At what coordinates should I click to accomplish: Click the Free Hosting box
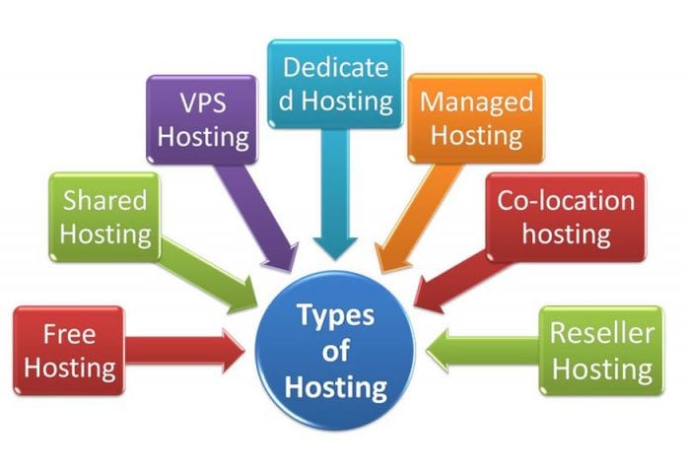[x=69, y=351]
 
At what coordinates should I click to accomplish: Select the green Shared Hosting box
[x=104, y=217]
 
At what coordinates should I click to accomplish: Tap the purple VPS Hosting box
[x=201, y=119]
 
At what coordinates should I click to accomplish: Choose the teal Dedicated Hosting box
[x=336, y=84]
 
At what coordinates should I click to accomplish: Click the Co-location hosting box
[x=566, y=217]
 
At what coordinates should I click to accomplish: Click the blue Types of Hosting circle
[x=335, y=351]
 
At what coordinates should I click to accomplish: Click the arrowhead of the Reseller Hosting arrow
[x=442, y=351]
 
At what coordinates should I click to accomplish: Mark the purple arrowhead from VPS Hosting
[x=287, y=258]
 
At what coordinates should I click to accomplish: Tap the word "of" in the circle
[x=335, y=351]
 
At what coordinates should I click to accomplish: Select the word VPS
[x=201, y=102]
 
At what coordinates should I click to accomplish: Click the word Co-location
[x=566, y=201]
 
